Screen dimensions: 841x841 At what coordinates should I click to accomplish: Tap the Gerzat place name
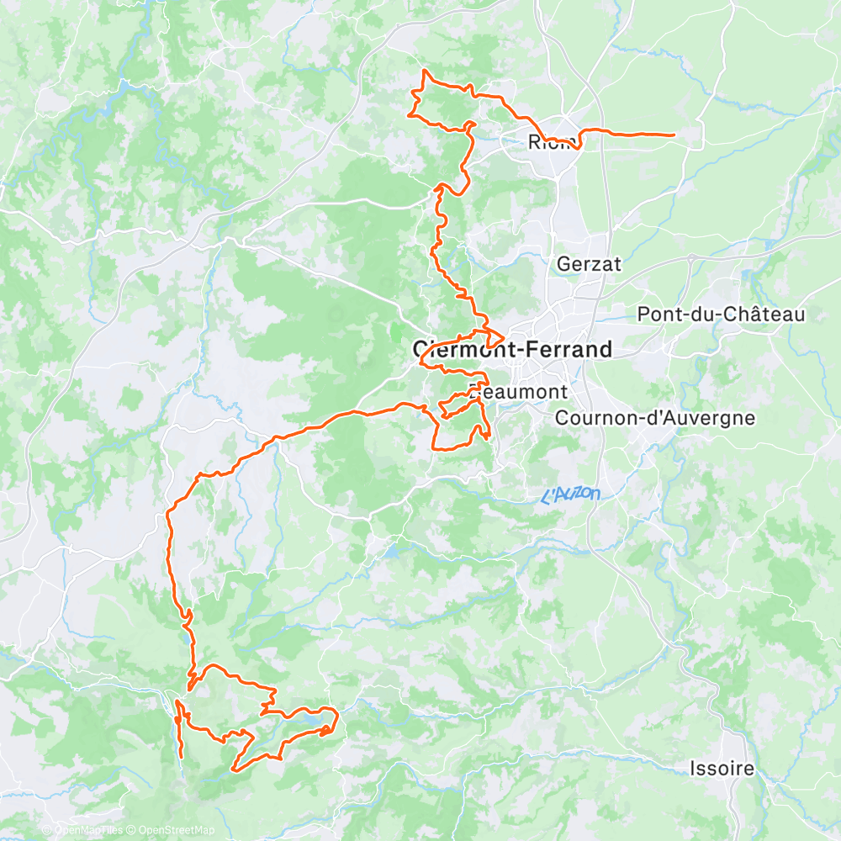click(589, 264)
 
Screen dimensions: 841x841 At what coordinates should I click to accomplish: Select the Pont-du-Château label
click(721, 315)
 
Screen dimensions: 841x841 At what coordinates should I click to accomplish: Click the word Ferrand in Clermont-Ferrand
click(564, 349)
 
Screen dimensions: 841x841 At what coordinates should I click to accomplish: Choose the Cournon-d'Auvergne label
click(654, 418)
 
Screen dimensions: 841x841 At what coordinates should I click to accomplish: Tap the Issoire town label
click(722, 768)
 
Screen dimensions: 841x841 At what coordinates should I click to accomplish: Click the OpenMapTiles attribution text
click(88, 831)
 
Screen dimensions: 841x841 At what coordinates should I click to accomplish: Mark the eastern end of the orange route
click(674, 135)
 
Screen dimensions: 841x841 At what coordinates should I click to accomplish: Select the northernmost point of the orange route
click(425, 71)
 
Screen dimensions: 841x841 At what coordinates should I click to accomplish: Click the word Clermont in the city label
click(461, 349)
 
